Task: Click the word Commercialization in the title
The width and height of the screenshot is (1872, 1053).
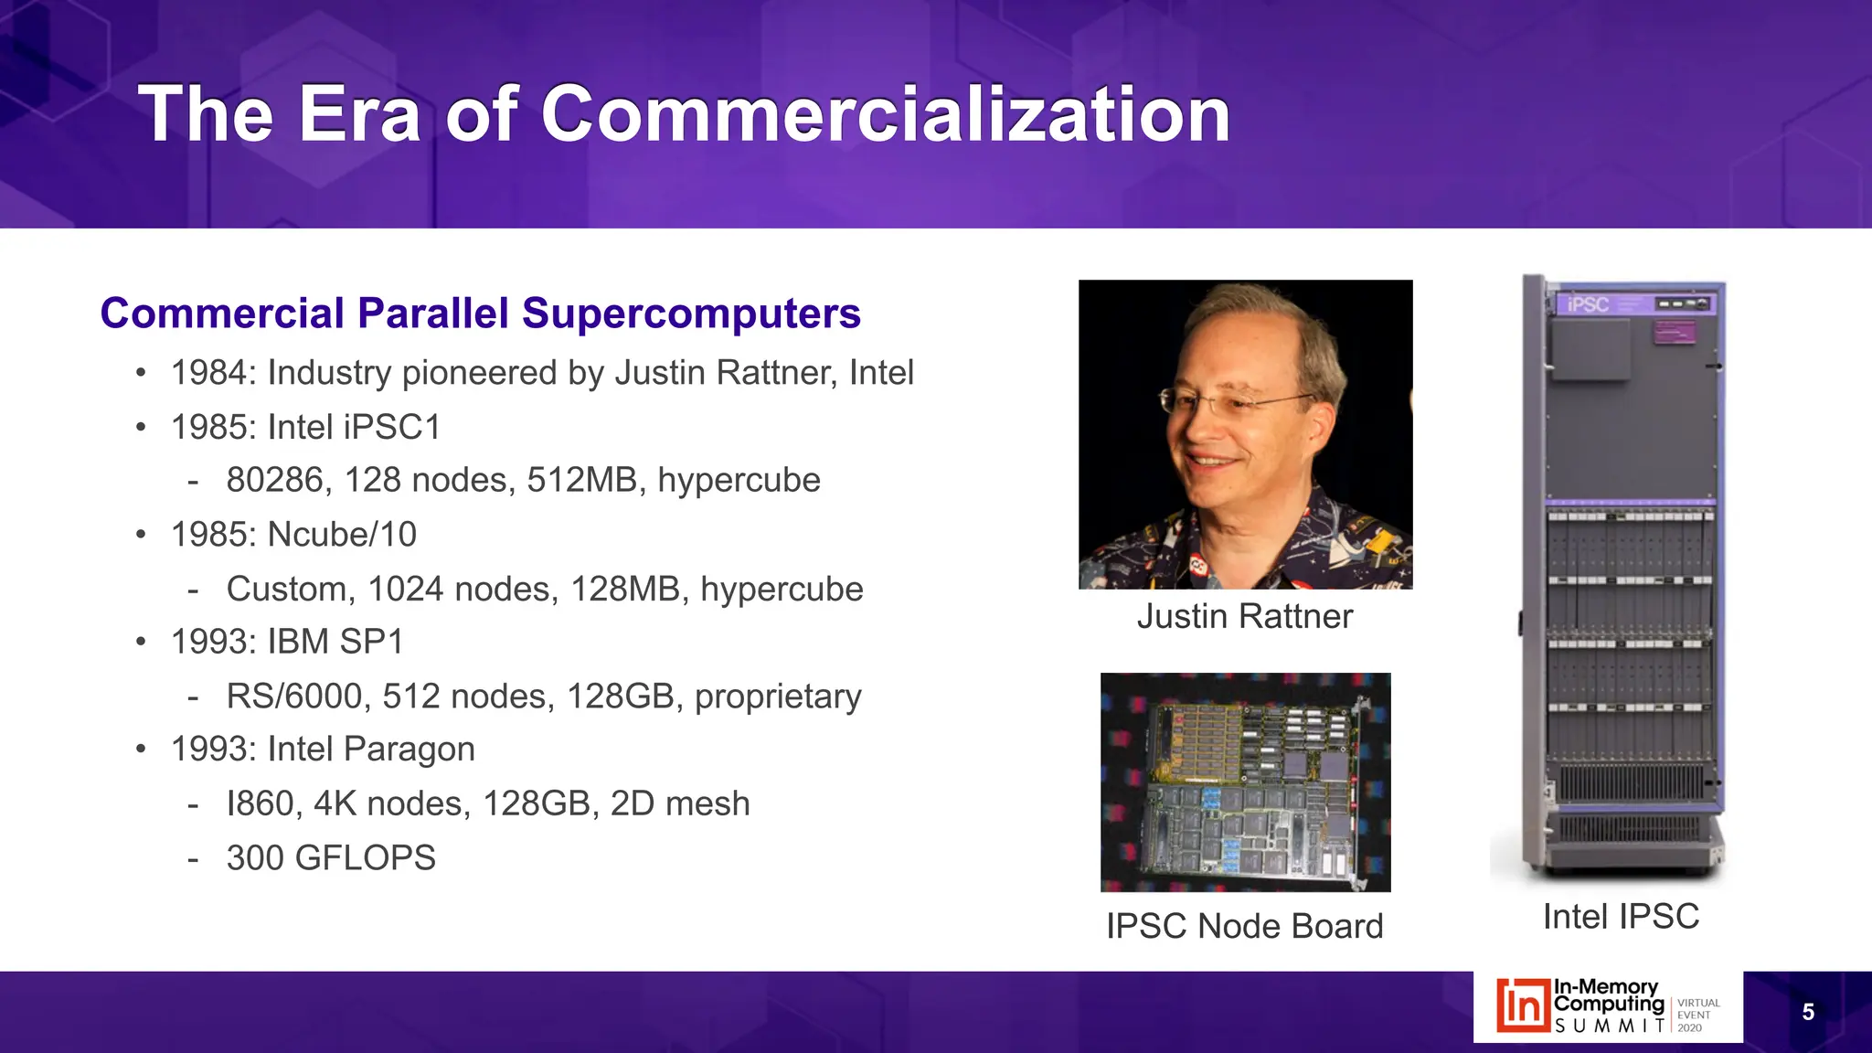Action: pos(885,114)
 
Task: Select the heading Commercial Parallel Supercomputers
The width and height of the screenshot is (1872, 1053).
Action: pos(480,314)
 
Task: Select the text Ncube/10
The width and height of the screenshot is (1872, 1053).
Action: pos(342,535)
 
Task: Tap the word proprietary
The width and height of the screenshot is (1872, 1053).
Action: pos(778,697)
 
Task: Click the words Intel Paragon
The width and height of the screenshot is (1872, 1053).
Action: pos(371,750)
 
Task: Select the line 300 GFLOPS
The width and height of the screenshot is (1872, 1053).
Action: pos(331,858)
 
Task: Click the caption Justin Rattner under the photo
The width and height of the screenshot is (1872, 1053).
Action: pos(1244,617)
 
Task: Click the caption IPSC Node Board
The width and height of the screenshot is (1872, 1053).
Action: pos(1244,926)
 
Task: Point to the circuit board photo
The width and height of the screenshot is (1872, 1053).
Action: pos(1245,782)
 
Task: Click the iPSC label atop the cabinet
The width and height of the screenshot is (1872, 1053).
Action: pos(1588,304)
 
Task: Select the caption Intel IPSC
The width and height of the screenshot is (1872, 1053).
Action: pos(1621,916)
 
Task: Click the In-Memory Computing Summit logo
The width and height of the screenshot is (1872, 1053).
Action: pos(1607,1006)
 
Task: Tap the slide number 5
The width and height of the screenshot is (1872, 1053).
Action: pos(1807,1012)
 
